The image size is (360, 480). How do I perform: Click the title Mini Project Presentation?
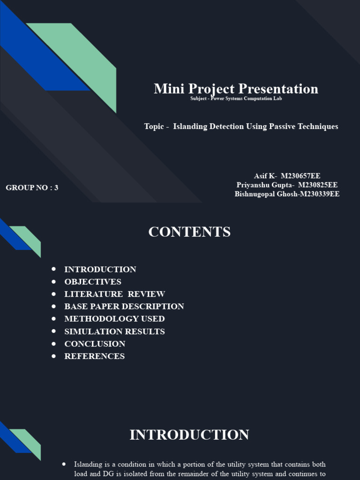[x=236, y=89]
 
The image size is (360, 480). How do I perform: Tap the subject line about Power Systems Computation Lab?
[x=236, y=98]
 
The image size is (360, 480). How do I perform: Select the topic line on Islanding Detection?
[x=241, y=127]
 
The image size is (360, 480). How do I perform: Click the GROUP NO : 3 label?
[x=32, y=187]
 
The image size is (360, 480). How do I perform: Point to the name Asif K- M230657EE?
[x=287, y=176]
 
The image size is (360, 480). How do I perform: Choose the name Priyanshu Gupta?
[x=287, y=185]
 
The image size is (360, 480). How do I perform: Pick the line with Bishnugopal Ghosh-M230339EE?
[x=287, y=194]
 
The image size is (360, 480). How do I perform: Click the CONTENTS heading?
[x=189, y=232]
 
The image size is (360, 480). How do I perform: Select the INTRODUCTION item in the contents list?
[x=100, y=270]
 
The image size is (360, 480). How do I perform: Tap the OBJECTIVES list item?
[x=93, y=282]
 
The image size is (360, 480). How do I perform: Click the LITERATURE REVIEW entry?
[x=115, y=294]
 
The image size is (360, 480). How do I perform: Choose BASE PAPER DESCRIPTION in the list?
[x=124, y=307]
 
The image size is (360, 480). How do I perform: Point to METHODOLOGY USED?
[x=114, y=319]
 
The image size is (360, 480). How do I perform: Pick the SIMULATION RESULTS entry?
[x=114, y=331]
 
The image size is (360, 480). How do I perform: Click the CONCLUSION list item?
[x=95, y=344]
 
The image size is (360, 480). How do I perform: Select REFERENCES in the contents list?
[x=95, y=356]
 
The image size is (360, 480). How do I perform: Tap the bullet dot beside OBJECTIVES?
[x=54, y=281]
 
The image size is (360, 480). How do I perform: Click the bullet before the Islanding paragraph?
[x=64, y=464]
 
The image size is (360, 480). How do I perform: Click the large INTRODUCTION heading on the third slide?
[x=189, y=435]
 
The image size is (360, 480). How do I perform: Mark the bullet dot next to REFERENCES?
[x=54, y=356]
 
